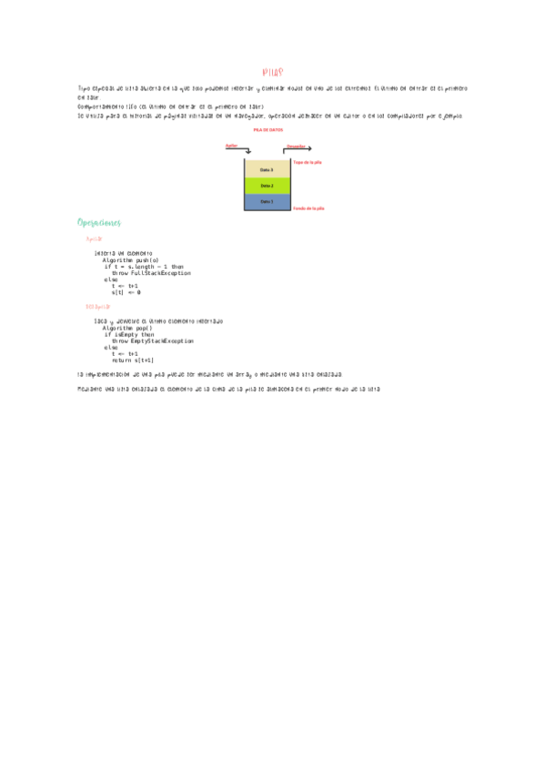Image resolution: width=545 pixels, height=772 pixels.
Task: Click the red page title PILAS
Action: (x=272, y=71)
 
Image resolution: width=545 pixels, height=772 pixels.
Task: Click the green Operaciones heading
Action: (x=100, y=223)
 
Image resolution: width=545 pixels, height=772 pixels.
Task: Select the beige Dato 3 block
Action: (x=267, y=169)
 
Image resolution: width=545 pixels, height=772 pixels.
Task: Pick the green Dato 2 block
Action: (x=267, y=186)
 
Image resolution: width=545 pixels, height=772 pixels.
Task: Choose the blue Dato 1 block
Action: (x=267, y=201)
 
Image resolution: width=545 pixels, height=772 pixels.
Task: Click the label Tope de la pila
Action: (x=308, y=162)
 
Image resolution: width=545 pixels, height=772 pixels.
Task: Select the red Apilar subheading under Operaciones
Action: (x=94, y=239)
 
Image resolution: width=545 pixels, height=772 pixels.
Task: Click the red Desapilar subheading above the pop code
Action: (x=97, y=307)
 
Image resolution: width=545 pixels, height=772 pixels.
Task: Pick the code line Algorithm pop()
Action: (x=127, y=328)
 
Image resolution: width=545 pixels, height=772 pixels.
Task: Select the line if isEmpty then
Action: (x=128, y=334)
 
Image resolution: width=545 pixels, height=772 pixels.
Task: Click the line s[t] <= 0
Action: (x=126, y=292)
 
